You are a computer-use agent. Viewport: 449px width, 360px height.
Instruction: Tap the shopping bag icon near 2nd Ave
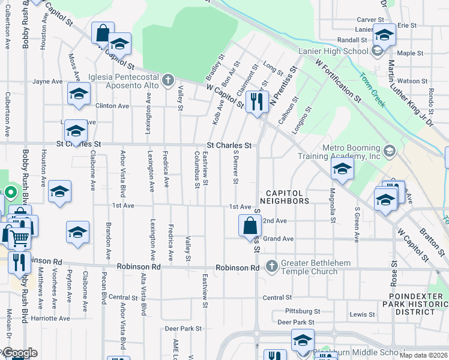tap(250, 226)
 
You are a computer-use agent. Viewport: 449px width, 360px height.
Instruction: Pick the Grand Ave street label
tap(278, 239)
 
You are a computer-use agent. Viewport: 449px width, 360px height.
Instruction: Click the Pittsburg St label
tap(303, 312)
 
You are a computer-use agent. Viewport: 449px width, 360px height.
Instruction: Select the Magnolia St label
tap(332, 205)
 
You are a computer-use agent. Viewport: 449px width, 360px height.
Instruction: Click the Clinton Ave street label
tap(112, 106)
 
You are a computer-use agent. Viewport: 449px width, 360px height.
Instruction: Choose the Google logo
tap(19, 353)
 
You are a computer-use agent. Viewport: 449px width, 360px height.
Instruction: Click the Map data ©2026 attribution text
tap(424, 355)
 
